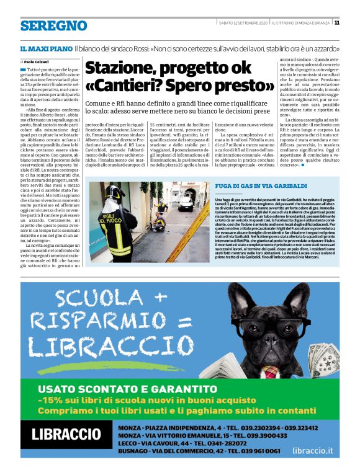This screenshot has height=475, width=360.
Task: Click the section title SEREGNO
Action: [x=53, y=25]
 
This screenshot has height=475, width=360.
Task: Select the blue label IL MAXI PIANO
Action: [x=45, y=48]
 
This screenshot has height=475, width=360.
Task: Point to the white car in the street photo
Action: [x=185, y=203]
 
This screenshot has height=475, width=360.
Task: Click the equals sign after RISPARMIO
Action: [x=184, y=322]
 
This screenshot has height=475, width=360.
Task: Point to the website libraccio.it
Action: [x=312, y=451]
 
